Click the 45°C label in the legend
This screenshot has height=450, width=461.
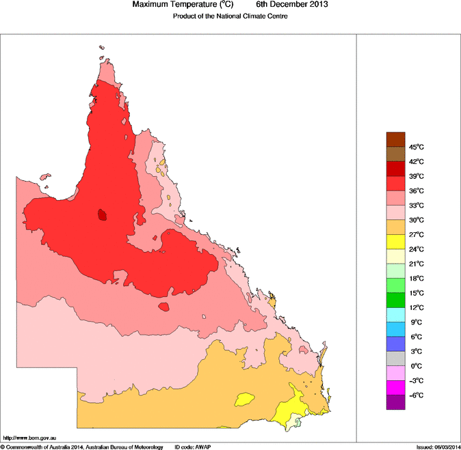(x=417, y=147)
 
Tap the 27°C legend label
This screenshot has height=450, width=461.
(x=417, y=235)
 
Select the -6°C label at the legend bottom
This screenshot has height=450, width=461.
(x=417, y=395)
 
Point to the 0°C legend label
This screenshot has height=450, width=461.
(x=417, y=366)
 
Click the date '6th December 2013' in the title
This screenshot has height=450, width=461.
(x=292, y=5)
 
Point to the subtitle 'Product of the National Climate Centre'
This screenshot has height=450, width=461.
(x=230, y=16)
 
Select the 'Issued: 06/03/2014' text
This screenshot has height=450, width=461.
(x=437, y=447)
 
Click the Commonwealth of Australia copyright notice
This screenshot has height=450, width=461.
(x=82, y=447)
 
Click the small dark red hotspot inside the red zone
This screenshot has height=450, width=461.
(x=102, y=214)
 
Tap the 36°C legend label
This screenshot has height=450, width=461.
(x=417, y=191)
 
